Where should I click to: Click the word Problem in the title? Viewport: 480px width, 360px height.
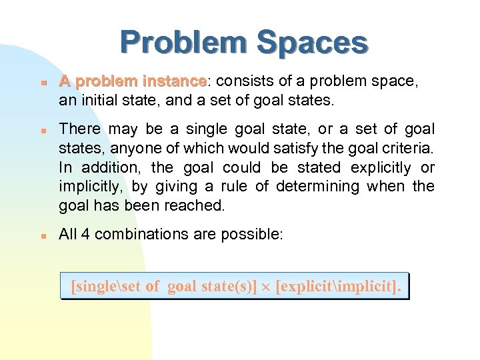183,43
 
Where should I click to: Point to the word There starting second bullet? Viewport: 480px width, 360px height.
80,129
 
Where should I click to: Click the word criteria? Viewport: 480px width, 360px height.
409,148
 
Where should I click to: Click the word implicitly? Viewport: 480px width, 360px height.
87,187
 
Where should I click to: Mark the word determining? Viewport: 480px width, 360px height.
313,187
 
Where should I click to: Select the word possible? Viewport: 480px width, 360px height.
257,234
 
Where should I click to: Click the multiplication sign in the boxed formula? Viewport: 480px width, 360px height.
266,287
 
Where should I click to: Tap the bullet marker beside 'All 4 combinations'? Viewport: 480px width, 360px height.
41,235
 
